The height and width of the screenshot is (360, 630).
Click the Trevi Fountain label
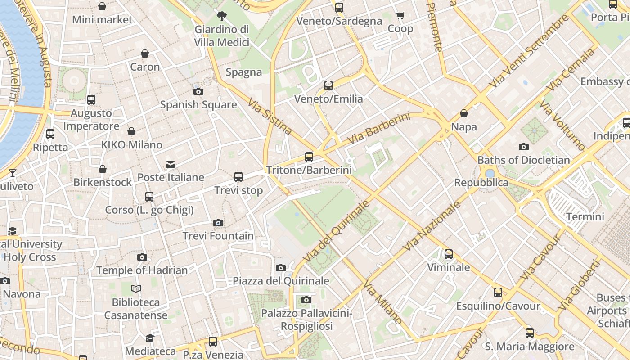(218, 236)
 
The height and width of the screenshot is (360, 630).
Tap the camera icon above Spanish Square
(198, 92)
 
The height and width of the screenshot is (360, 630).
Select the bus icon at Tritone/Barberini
(309, 157)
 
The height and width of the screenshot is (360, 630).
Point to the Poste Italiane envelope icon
(171, 165)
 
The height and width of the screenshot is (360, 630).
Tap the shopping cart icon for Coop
(400, 16)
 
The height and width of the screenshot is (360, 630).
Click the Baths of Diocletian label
(523, 160)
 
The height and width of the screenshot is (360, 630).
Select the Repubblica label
(481, 183)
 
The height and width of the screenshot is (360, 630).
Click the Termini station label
(585, 216)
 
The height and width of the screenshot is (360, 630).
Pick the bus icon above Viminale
(448, 254)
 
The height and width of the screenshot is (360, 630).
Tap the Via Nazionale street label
(432, 226)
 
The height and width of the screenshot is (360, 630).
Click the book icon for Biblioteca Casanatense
(136, 288)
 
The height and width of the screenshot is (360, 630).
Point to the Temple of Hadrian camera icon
(142, 257)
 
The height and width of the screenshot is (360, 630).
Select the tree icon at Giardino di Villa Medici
(221, 17)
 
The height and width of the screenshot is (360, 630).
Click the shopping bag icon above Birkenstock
(103, 169)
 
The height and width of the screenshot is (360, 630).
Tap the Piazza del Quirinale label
(281, 281)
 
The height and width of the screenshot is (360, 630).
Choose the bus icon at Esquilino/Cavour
(498, 292)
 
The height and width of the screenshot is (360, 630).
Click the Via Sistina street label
(270, 117)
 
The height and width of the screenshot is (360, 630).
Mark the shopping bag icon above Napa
(463, 114)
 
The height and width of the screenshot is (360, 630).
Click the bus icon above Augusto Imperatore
(91, 100)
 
